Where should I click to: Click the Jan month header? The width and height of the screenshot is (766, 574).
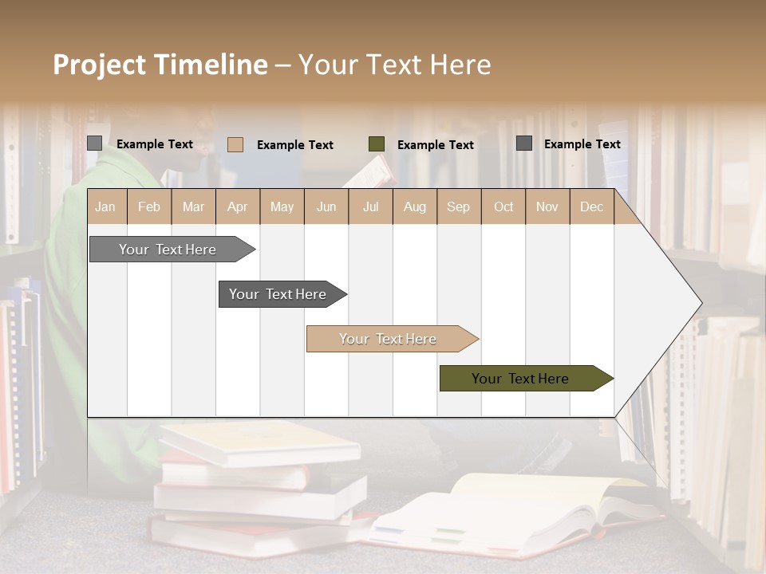pos(105,206)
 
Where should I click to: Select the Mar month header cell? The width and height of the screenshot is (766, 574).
pos(193,206)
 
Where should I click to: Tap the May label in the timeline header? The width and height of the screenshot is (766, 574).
pos(282,206)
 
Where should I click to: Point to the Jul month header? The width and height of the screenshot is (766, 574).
pos(370,206)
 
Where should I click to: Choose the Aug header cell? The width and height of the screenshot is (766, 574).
pos(415,206)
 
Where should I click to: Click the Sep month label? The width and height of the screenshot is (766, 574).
pos(458,206)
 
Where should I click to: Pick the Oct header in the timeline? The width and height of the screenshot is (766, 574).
pos(503,206)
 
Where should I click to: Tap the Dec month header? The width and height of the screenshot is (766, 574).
pos(591,206)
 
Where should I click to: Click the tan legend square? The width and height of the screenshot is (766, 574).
pos(235,144)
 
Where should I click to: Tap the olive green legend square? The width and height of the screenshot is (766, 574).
pos(377,144)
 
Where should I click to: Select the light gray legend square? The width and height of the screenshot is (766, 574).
pos(95,143)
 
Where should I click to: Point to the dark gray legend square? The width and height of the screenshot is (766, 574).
pos(524,143)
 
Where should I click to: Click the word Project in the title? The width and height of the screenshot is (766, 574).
pos(100,65)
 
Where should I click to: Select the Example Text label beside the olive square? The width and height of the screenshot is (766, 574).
pos(435,145)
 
